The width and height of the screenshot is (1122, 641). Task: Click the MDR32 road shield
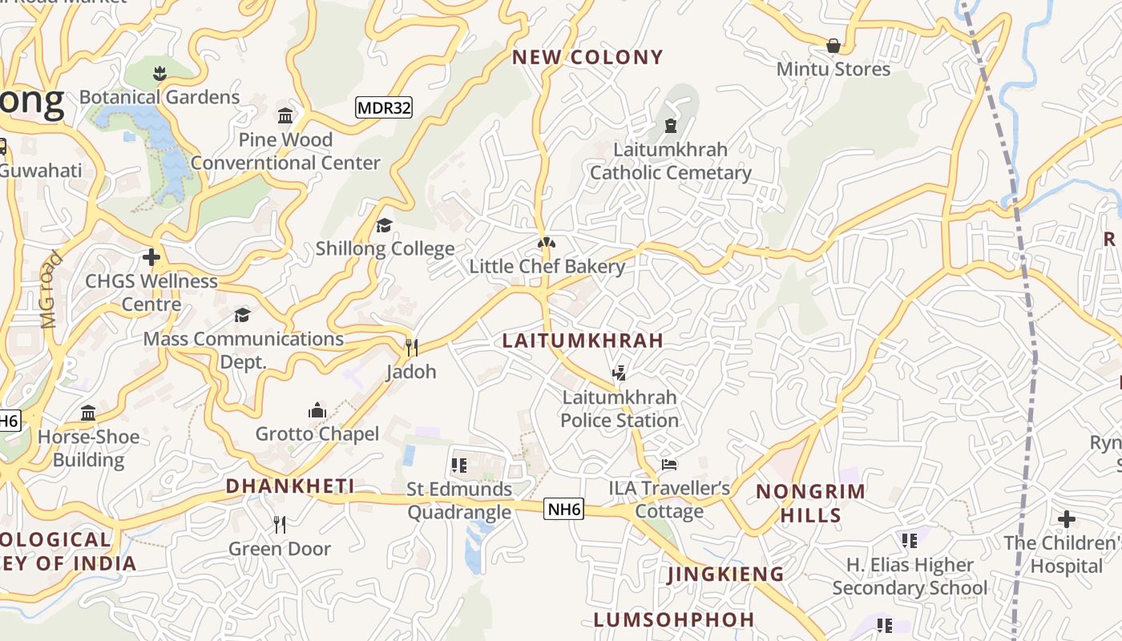point(384,107)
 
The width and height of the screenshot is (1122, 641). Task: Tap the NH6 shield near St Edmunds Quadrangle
point(563,509)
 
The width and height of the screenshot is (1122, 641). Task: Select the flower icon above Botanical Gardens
point(159,74)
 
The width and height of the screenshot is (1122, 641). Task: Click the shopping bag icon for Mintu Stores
point(833,46)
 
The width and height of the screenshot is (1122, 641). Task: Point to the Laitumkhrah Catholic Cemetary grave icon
point(671,126)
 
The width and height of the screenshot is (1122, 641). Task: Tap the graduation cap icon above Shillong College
point(385,225)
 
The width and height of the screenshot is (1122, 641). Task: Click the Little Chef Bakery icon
point(547,243)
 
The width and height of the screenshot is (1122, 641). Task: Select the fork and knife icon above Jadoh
point(412,348)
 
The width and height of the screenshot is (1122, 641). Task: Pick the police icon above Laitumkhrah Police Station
point(619,373)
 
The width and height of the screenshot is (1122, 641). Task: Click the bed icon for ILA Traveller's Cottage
point(669,465)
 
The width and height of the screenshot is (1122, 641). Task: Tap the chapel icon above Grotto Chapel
point(317,411)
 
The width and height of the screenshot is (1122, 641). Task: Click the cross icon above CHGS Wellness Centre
point(151,257)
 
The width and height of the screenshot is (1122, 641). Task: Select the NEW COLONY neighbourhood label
point(587,57)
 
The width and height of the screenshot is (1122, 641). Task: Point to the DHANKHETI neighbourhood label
point(290,486)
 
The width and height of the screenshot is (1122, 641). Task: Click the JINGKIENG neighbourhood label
point(725,574)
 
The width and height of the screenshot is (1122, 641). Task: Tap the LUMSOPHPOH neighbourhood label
point(674,619)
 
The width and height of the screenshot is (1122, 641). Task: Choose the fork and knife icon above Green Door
point(280,525)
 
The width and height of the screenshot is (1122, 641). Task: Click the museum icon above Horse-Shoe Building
point(88,413)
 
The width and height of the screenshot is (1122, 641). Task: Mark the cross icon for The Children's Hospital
point(1066,519)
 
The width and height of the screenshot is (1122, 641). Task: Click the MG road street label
point(50,290)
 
